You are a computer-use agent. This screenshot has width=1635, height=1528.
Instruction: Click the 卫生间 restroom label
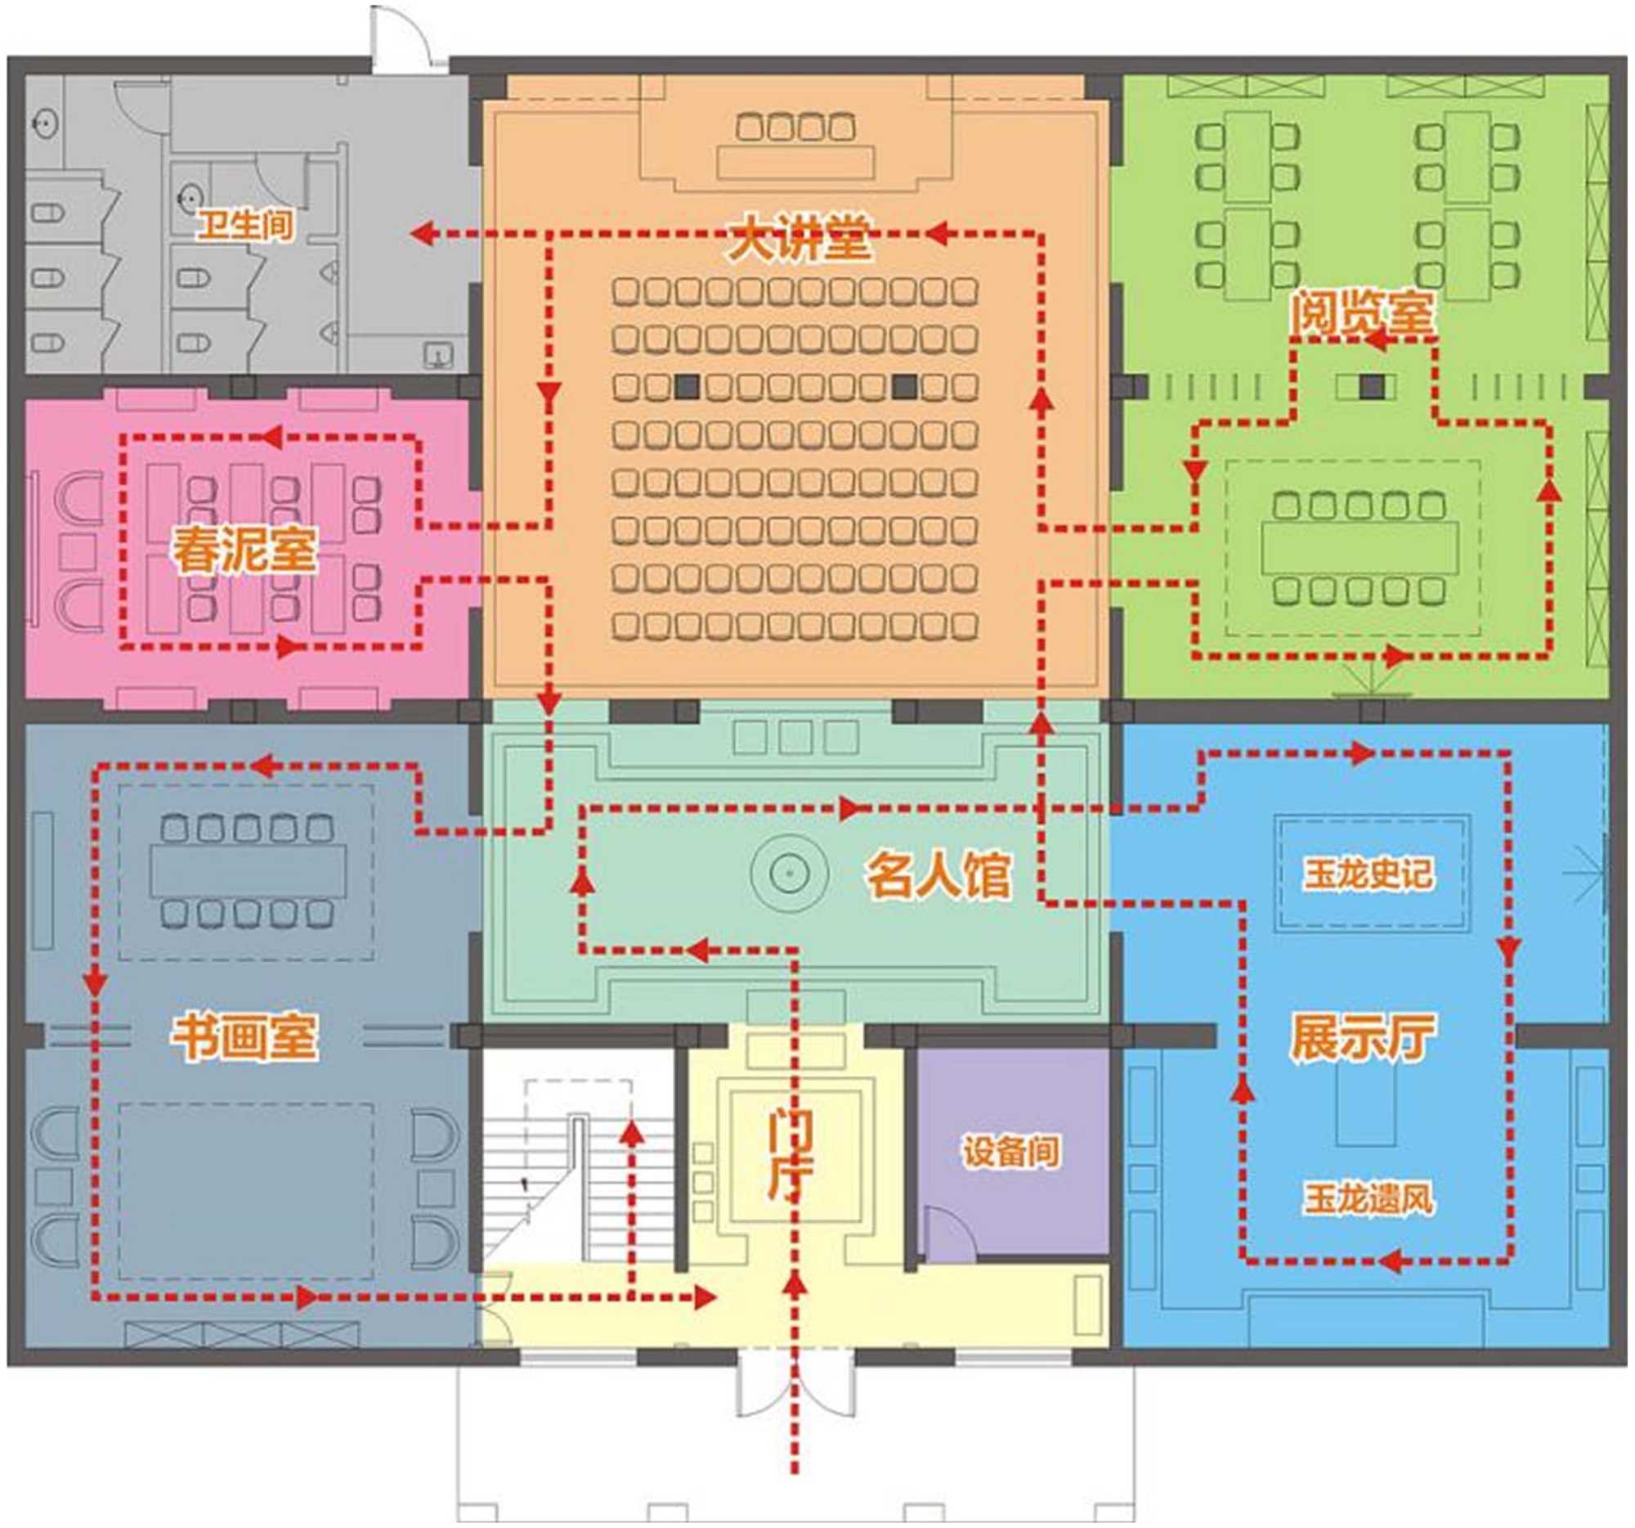(246, 224)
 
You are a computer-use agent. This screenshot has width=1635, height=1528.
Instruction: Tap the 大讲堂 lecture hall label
(799, 238)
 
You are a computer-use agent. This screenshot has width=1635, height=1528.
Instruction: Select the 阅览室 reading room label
(1360, 313)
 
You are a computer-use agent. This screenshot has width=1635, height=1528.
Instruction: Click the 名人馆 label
(938, 874)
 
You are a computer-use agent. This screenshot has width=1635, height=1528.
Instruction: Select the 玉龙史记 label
(1368, 874)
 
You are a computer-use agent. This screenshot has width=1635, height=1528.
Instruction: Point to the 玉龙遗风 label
(1368, 1199)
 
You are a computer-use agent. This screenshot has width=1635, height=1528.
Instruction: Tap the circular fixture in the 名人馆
(789, 872)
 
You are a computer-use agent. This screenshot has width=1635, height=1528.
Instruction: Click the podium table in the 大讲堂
(795, 162)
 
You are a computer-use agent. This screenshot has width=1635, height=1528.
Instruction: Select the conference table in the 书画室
(248, 870)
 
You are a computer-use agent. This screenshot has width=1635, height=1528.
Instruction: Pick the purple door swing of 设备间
(950, 1234)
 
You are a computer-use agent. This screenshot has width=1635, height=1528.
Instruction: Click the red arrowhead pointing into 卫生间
(423, 235)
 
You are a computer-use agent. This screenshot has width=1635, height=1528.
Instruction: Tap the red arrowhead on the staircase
(632, 1135)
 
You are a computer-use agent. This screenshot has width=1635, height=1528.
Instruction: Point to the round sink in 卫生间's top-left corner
(44, 124)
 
